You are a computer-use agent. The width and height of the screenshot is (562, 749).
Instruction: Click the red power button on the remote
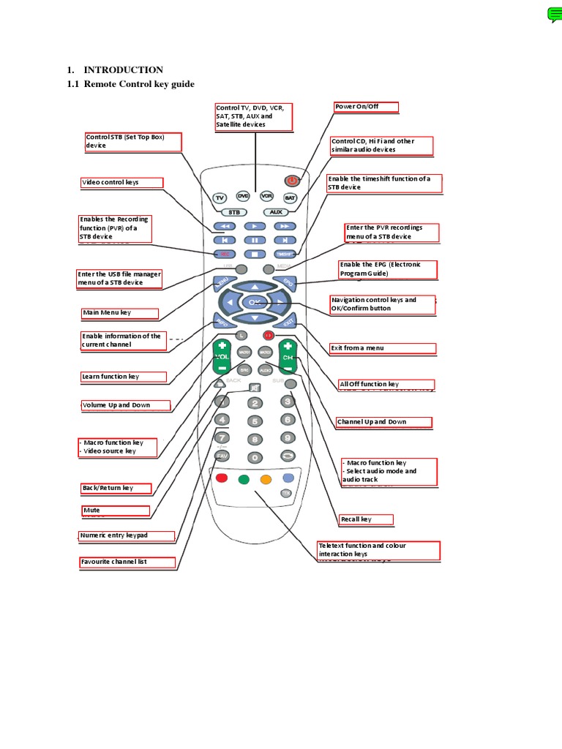[291, 180]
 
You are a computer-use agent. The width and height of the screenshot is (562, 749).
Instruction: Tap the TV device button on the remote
[220, 197]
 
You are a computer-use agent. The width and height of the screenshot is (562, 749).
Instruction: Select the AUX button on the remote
[275, 212]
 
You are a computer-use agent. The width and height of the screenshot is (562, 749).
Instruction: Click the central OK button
[254, 301]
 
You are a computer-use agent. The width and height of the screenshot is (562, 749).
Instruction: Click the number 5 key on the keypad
[254, 421]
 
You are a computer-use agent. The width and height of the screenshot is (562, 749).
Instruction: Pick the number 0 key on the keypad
[254, 457]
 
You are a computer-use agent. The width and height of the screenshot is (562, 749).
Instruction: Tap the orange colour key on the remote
[266, 480]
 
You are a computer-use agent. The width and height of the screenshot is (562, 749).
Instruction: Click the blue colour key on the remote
[288, 478]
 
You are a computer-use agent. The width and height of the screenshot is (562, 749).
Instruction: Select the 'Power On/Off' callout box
[367, 107]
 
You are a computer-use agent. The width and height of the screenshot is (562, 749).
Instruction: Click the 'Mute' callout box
[116, 511]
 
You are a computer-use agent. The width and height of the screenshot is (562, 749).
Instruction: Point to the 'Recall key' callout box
[366, 519]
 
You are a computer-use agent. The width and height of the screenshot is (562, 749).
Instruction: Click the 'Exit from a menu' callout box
[383, 348]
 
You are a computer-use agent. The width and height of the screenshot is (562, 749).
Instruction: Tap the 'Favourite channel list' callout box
[127, 562]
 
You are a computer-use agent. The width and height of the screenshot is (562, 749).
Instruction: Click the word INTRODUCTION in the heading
[123, 70]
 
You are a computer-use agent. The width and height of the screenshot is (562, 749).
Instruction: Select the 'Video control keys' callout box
[121, 182]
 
